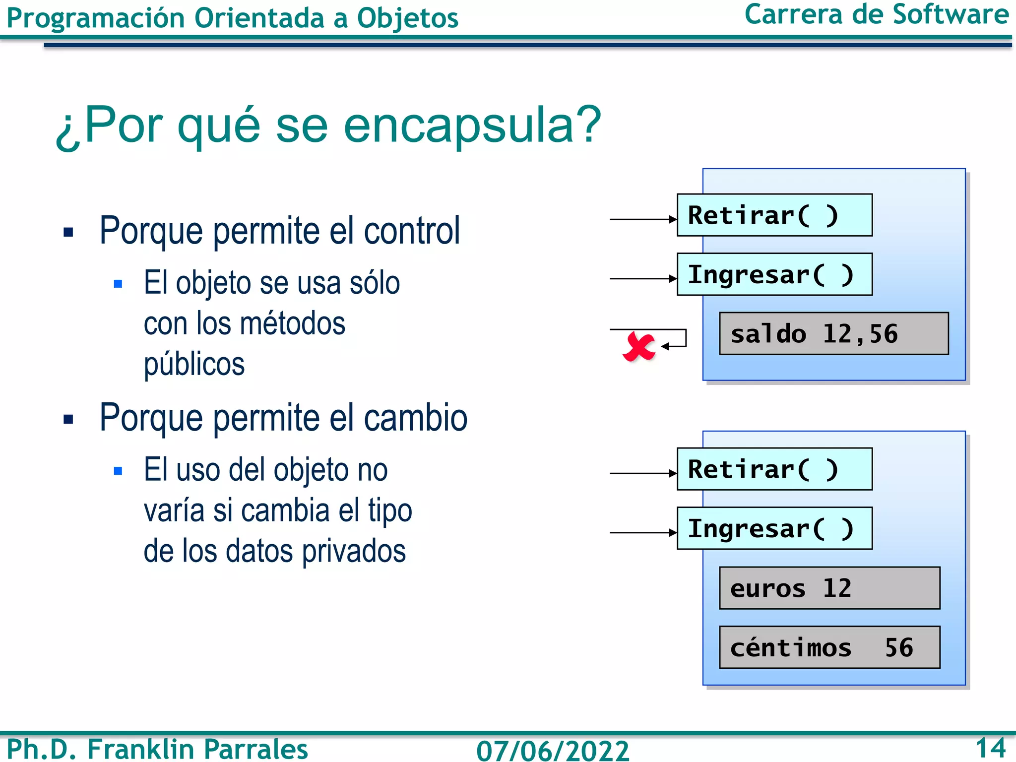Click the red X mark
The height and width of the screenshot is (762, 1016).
(x=638, y=347)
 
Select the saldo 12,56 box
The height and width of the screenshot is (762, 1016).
(x=833, y=334)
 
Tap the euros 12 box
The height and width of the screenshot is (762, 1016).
(x=829, y=588)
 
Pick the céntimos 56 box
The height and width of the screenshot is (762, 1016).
(x=829, y=647)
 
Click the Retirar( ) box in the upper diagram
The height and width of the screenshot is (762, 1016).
(x=774, y=215)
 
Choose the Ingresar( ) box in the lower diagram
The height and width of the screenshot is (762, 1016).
(x=774, y=528)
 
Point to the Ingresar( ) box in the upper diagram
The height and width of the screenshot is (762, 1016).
(x=774, y=275)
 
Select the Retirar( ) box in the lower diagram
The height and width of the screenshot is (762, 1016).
(x=774, y=469)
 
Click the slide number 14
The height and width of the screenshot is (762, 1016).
(x=990, y=748)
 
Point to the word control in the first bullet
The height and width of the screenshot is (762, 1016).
(x=412, y=231)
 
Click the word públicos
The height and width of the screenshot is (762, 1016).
(x=194, y=365)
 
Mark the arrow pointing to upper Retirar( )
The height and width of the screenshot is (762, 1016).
(x=643, y=219)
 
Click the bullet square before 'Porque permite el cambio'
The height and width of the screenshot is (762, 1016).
(x=68, y=419)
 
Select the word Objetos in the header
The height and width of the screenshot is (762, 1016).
(x=407, y=19)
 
